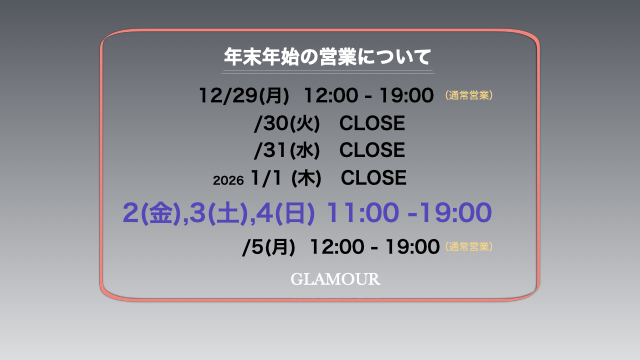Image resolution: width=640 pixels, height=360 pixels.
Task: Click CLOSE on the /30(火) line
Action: pyautogui.click(x=372, y=124)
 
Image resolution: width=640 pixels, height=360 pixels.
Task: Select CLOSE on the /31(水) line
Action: pyautogui.click(x=372, y=151)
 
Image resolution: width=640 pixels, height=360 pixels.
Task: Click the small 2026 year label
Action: pyautogui.click(x=229, y=180)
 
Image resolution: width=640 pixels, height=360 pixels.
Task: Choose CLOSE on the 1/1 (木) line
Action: pyautogui.click(x=373, y=178)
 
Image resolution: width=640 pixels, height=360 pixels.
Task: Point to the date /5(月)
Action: pyautogui.click(x=269, y=246)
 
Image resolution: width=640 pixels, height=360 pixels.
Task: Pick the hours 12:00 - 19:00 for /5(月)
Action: pyautogui.click(x=375, y=246)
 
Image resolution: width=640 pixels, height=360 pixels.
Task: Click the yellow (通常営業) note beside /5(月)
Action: pyautogui.click(x=469, y=246)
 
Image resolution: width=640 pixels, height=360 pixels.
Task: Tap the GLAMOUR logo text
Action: pyautogui.click(x=335, y=280)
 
